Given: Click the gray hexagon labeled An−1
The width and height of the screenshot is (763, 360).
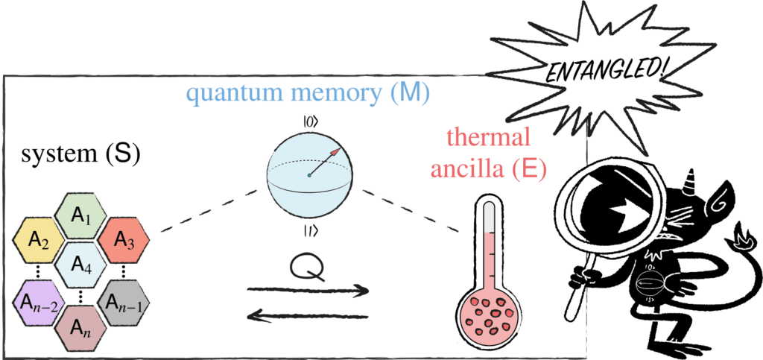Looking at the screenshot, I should pos(124,303).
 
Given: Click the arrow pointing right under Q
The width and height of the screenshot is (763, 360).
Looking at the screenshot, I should pos(308,289).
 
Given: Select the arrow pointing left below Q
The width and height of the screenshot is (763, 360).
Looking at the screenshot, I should pos(308,317).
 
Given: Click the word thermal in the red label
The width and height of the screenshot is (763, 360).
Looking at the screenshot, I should pos(487,139).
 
